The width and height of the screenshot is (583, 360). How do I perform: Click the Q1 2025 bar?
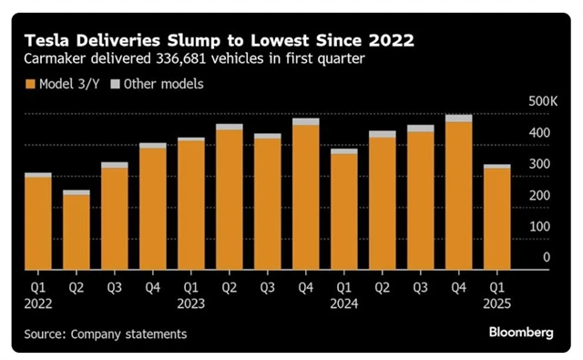[496, 218]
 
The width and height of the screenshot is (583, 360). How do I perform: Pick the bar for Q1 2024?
[343, 210]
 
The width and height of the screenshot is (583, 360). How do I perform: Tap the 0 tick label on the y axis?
[547, 258]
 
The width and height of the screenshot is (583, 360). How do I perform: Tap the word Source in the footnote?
[45, 334]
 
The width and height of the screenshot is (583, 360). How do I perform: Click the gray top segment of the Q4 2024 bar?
[458, 118]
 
